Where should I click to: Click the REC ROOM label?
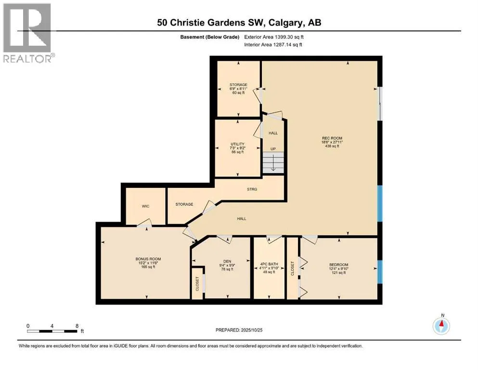coord(332,138)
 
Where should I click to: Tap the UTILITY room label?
coord(237,144)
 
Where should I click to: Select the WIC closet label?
coord(146,206)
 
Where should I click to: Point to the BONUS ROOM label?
coord(148,259)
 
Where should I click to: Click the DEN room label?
coord(227,262)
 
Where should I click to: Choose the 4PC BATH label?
coord(269,264)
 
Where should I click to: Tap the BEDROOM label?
coord(338,265)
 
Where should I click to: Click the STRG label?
coord(252,189)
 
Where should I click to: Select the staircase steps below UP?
coord(273,162)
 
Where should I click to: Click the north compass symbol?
coord(441,326)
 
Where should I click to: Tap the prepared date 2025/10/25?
coord(251,330)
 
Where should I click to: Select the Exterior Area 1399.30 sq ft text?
coord(274,37)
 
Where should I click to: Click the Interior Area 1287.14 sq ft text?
coord(273,44)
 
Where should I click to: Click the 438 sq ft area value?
coord(332,146)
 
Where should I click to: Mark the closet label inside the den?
coord(197,284)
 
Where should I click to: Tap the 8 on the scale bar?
coord(77,326)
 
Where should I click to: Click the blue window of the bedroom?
coord(380,272)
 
